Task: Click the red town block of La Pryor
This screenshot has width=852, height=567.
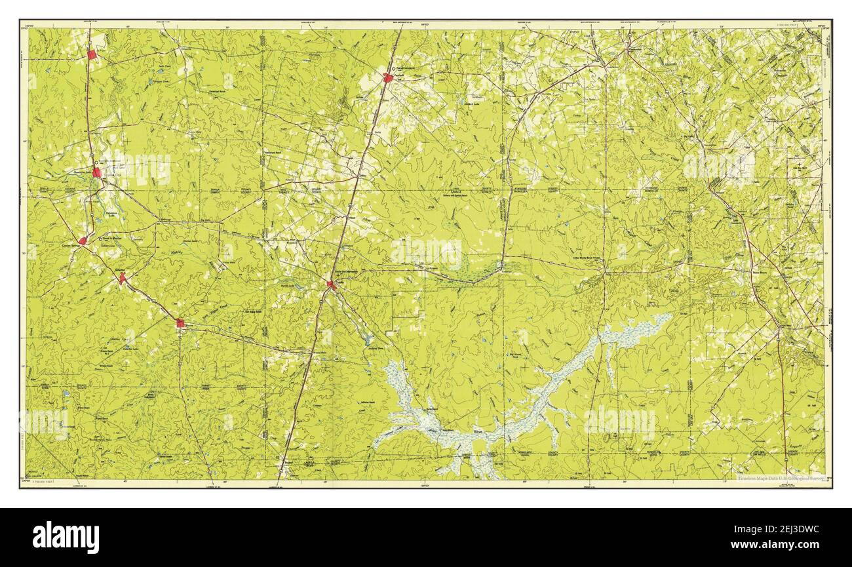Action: [x=92, y=55]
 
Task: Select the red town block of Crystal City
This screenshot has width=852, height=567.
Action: [x=96, y=172]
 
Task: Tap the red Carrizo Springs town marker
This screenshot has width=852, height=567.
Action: [x=83, y=241]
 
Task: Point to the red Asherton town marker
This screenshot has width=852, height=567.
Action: [x=122, y=279]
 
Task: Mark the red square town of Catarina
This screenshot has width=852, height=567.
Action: [x=180, y=322]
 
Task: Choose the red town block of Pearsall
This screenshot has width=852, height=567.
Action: [x=388, y=78]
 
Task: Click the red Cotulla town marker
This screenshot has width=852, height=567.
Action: [x=332, y=284]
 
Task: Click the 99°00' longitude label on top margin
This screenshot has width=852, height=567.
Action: [x=425, y=25]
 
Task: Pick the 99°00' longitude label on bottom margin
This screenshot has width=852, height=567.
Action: [x=425, y=484]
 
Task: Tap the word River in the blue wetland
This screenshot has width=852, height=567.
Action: [x=476, y=432]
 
